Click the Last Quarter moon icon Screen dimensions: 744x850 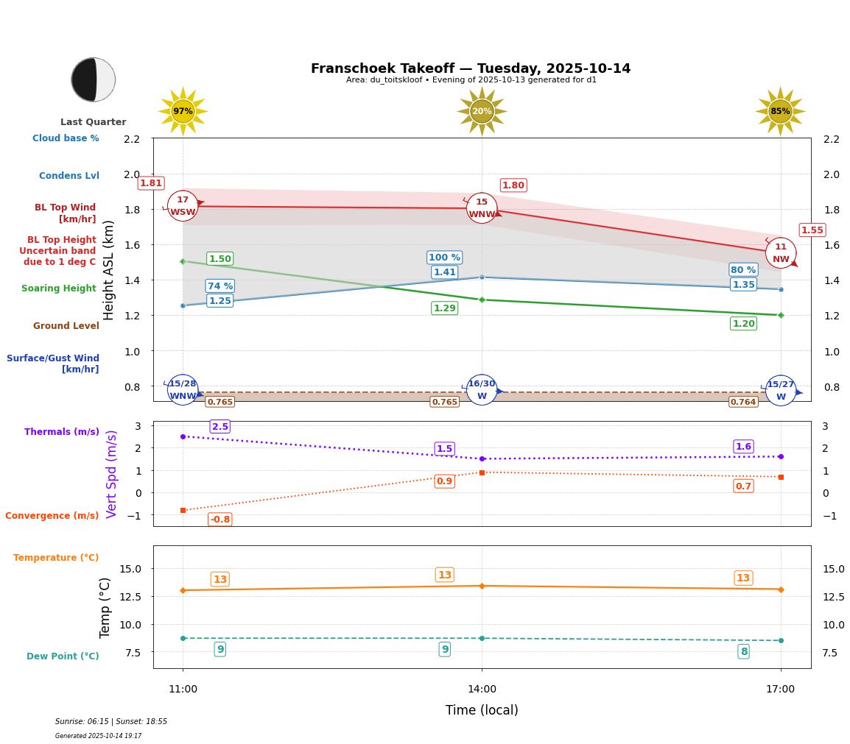(94, 79)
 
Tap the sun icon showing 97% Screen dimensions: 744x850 (183, 111)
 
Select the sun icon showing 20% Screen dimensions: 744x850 (482, 111)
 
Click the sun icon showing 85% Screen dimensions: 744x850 (780, 111)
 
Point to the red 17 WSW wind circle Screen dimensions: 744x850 (183, 206)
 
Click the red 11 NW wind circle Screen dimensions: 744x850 (781, 253)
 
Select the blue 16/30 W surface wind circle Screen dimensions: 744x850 (482, 390)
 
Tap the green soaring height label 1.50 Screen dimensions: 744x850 (219, 259)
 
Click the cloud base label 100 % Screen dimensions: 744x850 (444, 258)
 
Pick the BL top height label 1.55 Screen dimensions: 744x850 (812, 230)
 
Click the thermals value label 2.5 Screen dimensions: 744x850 (219, 427)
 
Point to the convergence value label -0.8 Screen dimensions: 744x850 (219, 520)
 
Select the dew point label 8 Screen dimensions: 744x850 (744, 651)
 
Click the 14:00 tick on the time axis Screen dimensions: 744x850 (482, 690)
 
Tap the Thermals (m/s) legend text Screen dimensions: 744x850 (62, 432)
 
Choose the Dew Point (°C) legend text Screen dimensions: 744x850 (63, 656)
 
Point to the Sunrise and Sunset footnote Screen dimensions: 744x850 (111, 722)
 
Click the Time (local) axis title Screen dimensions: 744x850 (482, 710)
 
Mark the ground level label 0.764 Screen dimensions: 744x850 (743, 402)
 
